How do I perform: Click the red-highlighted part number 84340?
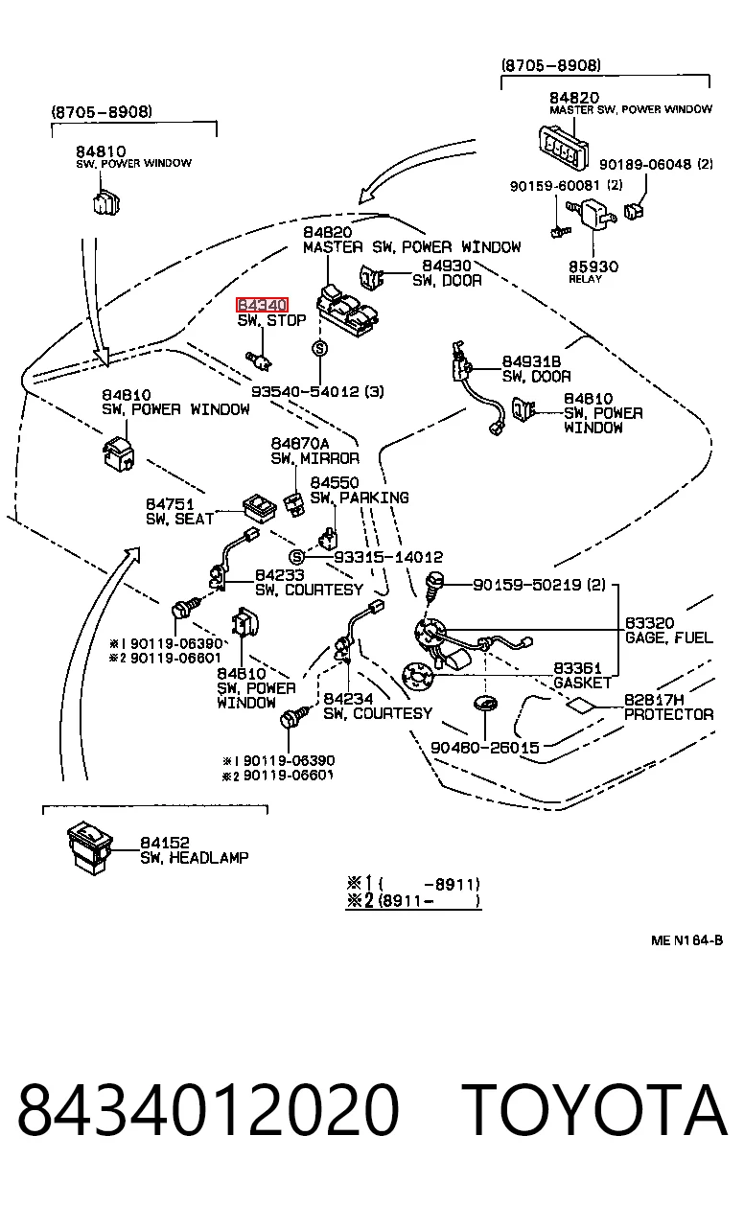tap(262, 305)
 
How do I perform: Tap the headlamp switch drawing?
tap(90, 847)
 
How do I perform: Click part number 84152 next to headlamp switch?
tap(165, 842)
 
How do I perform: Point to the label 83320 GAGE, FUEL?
tap(668, 631)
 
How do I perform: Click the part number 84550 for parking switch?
tap(335, 482)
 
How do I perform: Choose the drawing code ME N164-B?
tap(687, 940)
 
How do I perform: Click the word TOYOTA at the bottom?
tap(593, 1110)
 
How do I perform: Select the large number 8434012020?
tap(208, 1110)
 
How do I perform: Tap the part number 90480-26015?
tap(485, 747)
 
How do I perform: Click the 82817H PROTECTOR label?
tap(668, 707)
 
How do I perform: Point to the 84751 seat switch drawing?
tap(259, 507)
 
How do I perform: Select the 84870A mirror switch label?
tap(314, 451)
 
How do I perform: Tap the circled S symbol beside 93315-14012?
tap(296, 557)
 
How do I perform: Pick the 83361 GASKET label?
tap(582, 676)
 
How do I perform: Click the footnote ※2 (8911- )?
tap(413, 900)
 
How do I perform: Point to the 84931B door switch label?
tap(536, 368)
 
